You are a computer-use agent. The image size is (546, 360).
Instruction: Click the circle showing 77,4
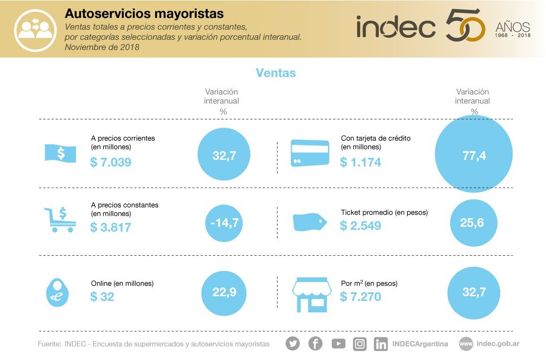[474, 154]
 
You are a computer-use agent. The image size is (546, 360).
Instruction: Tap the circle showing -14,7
[224, 223]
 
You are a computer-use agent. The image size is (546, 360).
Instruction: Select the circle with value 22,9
[224, 293]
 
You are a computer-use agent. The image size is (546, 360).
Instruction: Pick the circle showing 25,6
[473, 223]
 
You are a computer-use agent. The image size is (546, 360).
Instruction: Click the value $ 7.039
[110, 162]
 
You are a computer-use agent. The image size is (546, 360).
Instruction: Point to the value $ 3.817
[110, 227]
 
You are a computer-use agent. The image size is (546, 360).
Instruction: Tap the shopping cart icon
[60, 220]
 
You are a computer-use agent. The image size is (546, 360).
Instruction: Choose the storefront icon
[310, 294]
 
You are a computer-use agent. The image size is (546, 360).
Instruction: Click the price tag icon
[310, 222]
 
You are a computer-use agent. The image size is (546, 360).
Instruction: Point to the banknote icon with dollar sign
[60, 153]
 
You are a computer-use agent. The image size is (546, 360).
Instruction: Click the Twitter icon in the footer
[293, 343]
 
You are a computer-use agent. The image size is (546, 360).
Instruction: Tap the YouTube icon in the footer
[338, 343]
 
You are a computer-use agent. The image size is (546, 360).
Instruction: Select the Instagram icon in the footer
[360, 343]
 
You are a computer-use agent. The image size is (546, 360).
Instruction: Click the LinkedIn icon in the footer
[381, 343]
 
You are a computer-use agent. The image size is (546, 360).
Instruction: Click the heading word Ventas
[276, 73]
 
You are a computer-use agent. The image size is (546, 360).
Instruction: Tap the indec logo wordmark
[396, 27]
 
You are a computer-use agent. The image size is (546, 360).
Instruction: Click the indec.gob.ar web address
[498, 343]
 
